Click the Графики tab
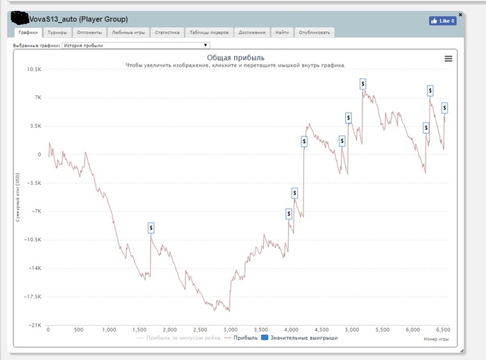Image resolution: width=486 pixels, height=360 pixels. pos(28,32)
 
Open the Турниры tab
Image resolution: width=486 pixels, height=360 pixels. pos(58,32)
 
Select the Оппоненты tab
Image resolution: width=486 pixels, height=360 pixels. pos(90,32)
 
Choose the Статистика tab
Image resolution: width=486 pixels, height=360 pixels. pos(167,32)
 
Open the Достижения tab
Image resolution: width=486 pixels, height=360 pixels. pos(251,32)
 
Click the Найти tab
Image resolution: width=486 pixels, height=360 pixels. pos(282,32)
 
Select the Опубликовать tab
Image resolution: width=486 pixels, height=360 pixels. pos(315,32)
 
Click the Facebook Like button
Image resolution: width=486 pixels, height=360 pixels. pos(443,21)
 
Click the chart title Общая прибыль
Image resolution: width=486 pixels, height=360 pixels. pos(235,58)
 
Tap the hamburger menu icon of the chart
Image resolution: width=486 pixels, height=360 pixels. pos(449,59)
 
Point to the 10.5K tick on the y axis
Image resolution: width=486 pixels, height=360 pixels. pos(33,69)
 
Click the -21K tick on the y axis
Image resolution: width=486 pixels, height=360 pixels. pos(35,325)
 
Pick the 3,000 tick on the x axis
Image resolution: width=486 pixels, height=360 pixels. pos(231,331)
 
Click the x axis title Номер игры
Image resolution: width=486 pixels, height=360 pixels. pos(435,340)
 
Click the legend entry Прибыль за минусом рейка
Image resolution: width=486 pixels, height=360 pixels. pos(179,338)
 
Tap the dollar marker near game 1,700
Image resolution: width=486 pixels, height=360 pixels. pos(151,228)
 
